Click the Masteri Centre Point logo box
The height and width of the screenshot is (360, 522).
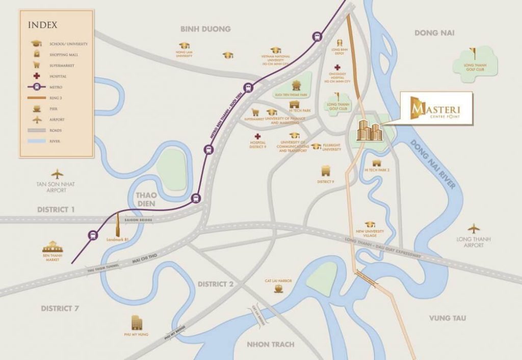(x=436, y=108)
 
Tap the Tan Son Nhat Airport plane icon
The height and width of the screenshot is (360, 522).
(x=57, y=174)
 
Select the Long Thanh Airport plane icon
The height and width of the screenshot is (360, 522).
(x=475, y=228)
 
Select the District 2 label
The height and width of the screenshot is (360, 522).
(x=216, y=284)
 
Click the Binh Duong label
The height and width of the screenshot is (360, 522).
(x=205, y=29)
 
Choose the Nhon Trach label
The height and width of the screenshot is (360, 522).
(x=271, y=344)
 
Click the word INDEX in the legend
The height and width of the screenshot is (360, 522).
(x=43, y=25)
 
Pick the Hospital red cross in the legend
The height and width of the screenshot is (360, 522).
(x=36, y=76)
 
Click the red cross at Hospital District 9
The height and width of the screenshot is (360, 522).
(x=258, y=137)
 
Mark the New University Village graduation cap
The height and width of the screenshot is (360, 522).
(x=370, y=224)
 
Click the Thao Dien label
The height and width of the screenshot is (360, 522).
(x=146, y=200)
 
